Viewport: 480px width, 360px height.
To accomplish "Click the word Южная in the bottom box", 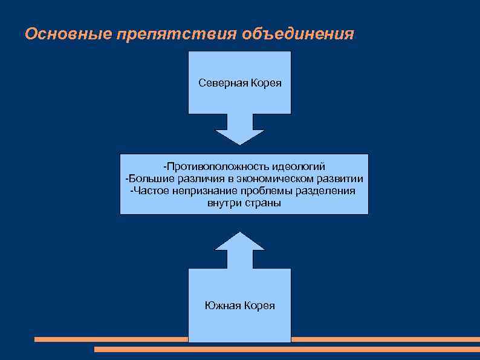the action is point(223,306).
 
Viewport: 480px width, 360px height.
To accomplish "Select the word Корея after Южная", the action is point(259,306).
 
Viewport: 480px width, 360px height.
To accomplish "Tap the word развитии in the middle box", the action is point(340,178).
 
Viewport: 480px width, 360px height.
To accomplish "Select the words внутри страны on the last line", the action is point(244,203).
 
